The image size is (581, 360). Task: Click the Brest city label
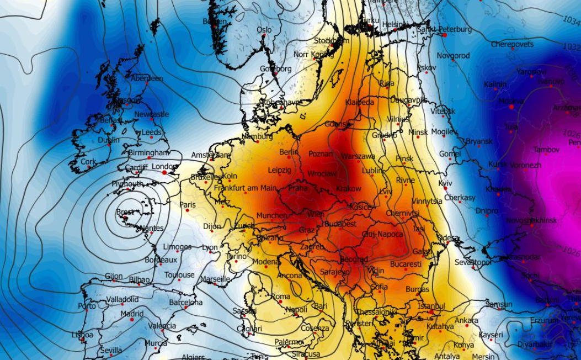pyautogui.click(x=125, y=212)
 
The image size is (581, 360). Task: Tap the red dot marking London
pyautogui.click(x=164, y=173)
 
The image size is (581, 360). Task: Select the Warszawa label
pyautogui.click(x=358, y=156)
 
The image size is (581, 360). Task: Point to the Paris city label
pyautogui.click(x=188, y=205)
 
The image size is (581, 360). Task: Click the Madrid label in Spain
pyautogui.click(x=132, y=314)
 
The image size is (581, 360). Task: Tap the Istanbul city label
pyautogui.click(x=431, y=306)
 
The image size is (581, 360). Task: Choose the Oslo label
pyautogui.click(x=264, y=30)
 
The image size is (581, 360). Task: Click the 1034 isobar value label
pyautogui.click(x=571, y=20)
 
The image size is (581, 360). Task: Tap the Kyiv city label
pyautogui.click(x=445, y=183)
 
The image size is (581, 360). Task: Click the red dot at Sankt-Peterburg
pyautogui.click(x=444, y=35)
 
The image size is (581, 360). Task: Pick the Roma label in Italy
pyautogui.click(x=280, y=297)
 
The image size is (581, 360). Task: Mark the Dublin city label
pyautogui.click(x=108, y=140)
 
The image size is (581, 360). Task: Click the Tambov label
pyautogui.click(x=546, y=150)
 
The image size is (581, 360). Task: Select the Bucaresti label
pyautogui.click(x=406, y=264)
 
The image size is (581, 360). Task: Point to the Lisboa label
pyautogui.click(x=82, y=335)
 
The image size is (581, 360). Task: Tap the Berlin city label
pyautogui.click(x=289, y=152)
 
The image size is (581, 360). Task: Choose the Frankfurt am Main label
pyautogui.click(x=245, y=188)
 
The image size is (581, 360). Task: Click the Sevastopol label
pyautogui.click(x=472, y=262)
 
